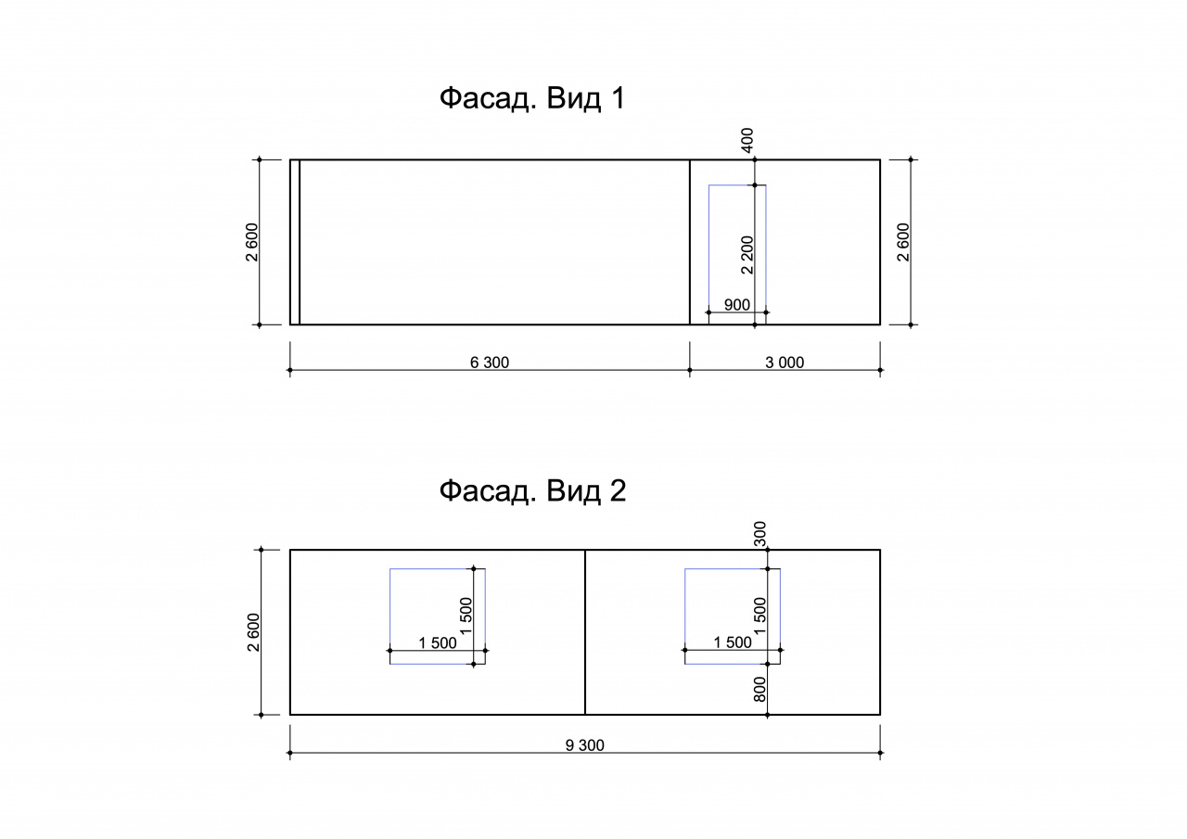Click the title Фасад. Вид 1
(532, 98)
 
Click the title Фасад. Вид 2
(532, 490)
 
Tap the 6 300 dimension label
(490, 362)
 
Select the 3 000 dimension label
(785, 362)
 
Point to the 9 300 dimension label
(585, 745)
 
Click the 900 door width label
(737, 305)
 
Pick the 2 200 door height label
(747, 255)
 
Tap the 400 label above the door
(747, 140)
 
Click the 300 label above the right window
(759, 534)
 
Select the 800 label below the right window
(759, 690)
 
